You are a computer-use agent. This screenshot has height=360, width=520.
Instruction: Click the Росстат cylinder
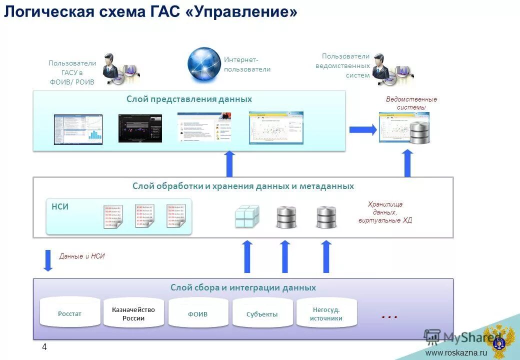click(x=69, y=313)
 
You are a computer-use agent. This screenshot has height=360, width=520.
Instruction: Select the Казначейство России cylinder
click(x=133, y=314)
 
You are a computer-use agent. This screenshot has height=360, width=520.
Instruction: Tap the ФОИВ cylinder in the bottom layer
click(x=198, y=314)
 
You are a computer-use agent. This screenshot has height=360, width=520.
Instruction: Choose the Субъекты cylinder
click(x=262, y=314)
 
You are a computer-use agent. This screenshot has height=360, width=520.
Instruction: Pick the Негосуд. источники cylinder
click(x=326, y=314)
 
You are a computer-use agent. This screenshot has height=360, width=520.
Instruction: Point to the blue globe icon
click(x=204, y=64)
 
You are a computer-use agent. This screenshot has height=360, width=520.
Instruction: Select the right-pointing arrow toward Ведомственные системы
click(x=362, y=129)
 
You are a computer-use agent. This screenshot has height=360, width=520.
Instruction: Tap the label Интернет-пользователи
click(x=247, y=64)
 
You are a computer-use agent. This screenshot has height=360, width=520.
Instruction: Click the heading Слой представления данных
click(x=189, y=99)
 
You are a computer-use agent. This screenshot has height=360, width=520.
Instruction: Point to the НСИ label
click(x=60, y=206)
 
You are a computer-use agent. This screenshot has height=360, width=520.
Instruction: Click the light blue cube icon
click(x=247, y=216)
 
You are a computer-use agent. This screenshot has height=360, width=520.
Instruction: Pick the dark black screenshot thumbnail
click(x=140, y=128)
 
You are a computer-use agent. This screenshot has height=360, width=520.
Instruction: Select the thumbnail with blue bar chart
click(x=78, y=129)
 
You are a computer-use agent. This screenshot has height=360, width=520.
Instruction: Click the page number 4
click(x=44, y=347)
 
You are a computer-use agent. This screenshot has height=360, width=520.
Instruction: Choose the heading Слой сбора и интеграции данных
click(x=243, y=287)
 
